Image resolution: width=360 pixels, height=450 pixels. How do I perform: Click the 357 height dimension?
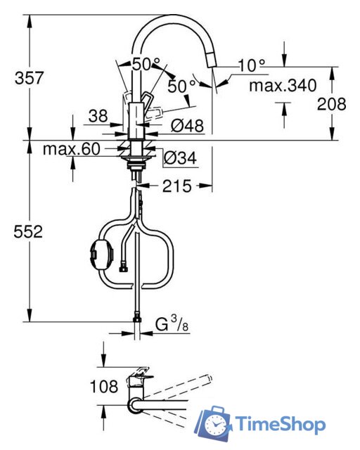(x=30, y=78)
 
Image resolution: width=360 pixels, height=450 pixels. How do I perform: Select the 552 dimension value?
(x=30, y=231)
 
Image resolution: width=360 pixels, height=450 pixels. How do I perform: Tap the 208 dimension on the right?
(x=332, y=104)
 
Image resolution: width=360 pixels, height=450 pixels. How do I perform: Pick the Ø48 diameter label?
(x=187, y=126)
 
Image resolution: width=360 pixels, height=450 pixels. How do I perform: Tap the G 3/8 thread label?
(x=171, y=326)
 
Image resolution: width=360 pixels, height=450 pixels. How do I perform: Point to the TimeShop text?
(x=281, y=425)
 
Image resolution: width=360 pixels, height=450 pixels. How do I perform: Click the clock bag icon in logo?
(x=215, y=425)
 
